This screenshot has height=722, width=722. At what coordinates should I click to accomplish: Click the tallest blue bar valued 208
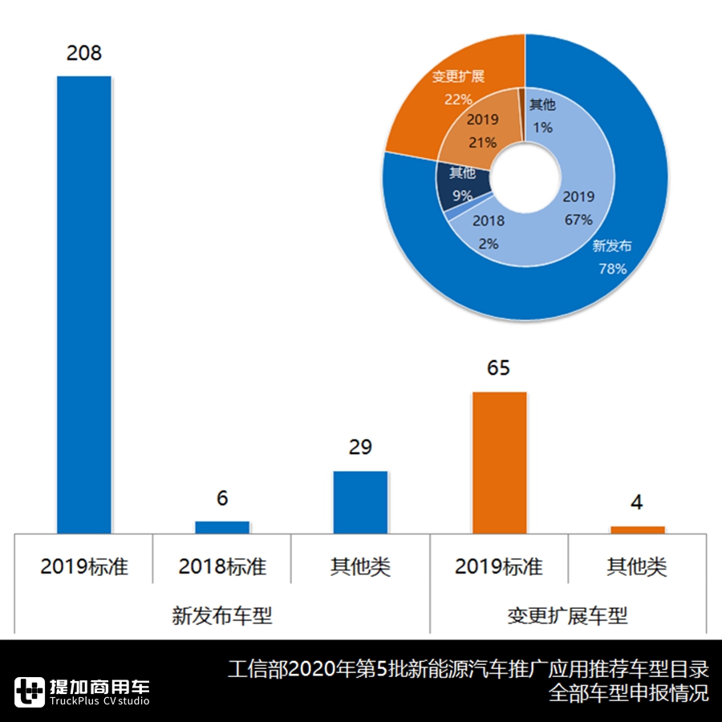(x=84, y=305)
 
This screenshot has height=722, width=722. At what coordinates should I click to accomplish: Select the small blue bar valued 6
(x=222, y=527)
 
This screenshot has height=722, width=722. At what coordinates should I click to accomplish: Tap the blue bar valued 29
(x=360, y=502)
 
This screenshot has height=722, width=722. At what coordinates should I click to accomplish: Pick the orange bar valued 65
(x=499, y=463)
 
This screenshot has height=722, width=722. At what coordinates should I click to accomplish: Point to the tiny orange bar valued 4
(x=638, y=529)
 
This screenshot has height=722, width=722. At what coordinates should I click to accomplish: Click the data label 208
(x=84, y=54)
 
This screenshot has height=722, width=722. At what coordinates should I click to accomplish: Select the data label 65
(x=499, y=368)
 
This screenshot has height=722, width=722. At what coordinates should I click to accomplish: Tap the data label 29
(x=360, y=447)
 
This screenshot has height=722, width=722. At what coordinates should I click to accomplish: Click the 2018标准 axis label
(x=222, y=566)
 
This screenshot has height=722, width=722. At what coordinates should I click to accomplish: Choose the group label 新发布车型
(x=222, y=616)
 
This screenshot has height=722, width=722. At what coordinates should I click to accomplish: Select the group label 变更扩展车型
(x=568, y=616)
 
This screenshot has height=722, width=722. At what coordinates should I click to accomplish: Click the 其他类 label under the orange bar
(x=638, y=566)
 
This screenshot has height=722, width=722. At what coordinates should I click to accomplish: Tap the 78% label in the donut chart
(x=612, y=269)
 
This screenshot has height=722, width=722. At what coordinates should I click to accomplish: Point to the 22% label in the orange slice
(x=458, y=99)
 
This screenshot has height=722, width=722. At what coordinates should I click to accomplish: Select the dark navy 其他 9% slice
(x=463, y=183)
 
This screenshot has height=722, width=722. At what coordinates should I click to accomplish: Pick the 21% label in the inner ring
(x=483, y=142)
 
